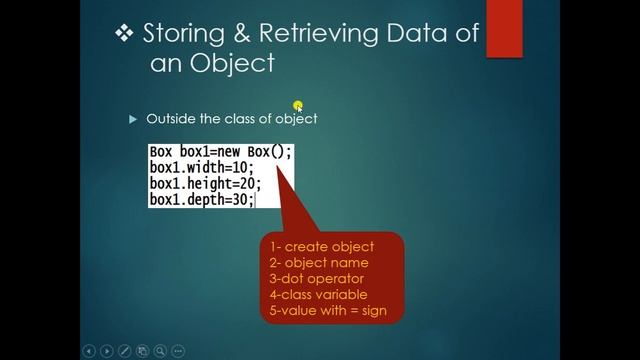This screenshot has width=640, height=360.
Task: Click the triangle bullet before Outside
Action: (x=132, y=119)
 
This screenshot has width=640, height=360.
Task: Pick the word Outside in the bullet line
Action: (x=170, y=119)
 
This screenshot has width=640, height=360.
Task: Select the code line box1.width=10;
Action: (x=201, y=168)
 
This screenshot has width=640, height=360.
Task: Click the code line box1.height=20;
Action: (x=205, y=184)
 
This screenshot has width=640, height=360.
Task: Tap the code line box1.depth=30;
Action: (x=201, y=200)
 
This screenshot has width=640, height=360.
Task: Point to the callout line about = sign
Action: (x=327, y=311)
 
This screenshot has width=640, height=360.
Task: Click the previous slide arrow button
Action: (x=89, y=351)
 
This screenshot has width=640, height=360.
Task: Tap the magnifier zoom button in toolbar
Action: (x=160, y=351)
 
